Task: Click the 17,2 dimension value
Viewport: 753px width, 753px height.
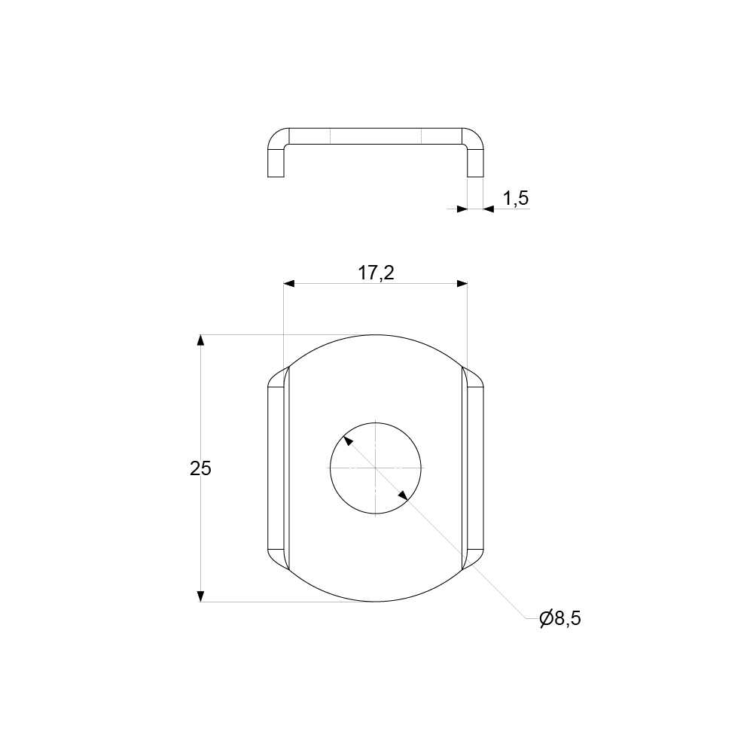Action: click(x=376, y=273)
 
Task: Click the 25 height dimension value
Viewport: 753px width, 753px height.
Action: click(x=200, y=468)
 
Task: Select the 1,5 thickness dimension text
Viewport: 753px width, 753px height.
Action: click(x=516, y=198)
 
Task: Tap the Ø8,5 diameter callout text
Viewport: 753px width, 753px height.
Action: click(x=560, y=619)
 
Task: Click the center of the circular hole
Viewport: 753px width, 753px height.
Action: click(x=376, y=468)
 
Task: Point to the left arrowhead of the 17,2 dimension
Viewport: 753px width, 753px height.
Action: click(x=289, y=284)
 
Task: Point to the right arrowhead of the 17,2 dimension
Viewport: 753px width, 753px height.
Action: click(x=462, y=284)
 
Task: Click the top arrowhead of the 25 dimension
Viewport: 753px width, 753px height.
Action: click(x=200, y=340)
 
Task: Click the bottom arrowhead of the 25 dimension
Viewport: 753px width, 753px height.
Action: click(x=200, y=596)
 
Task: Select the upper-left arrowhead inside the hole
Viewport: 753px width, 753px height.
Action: click(x=347, y=439)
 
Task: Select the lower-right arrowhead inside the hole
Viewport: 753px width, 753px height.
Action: click(x=404, y=495)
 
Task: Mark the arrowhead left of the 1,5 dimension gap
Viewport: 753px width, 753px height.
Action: click(x=462, y=209)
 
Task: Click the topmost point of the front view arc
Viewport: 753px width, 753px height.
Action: click(x=376, y=334)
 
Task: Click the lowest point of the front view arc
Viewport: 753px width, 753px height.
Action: click(x=376, y=602)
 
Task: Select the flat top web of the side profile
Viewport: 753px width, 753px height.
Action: click(x=376, y=136)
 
